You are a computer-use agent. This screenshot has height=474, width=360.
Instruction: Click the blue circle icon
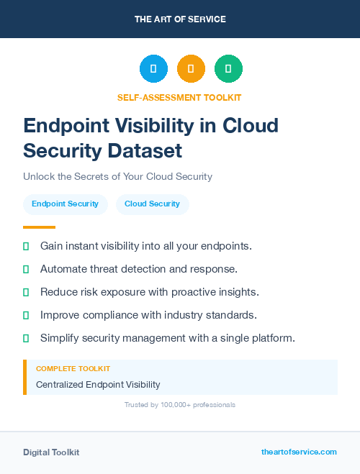click(x=153, y=68)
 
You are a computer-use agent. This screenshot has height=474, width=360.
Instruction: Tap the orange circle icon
click(x=191, y=68)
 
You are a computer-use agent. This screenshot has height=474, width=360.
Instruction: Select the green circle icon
click(x=228, y=68)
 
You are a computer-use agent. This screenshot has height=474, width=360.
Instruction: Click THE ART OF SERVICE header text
click(x=180, y=19)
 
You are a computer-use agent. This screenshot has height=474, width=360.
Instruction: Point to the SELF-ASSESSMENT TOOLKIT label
click(x=179, y=97)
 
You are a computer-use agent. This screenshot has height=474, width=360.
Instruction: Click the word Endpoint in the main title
click(x=67, y=126)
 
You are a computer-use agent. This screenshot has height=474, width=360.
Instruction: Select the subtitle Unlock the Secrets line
click(x=117, y=176)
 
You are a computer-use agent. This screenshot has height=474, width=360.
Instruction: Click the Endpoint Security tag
click(x=65, y=204)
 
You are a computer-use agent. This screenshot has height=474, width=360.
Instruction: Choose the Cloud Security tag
click(x=152, y=204)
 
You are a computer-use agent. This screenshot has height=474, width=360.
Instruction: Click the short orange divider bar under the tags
click(x=39, y=227)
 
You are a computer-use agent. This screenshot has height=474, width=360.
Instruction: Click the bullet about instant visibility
click(x=145, y=246)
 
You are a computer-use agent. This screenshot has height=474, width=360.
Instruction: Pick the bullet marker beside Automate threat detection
click(x=26, y=269)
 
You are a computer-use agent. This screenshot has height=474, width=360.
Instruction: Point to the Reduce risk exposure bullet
click(x=149, y=292)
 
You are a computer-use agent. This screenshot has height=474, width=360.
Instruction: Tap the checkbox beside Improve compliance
click(x=26, y=315)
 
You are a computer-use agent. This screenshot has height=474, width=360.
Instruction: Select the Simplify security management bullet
click(x=167, y=338)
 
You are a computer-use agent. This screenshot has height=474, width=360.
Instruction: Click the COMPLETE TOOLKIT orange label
click(x=73, y=368)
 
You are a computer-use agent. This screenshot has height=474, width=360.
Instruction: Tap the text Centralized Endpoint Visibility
click(x=98, y=385)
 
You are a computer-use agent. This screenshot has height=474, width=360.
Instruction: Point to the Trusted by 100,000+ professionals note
click(x=180, y=405)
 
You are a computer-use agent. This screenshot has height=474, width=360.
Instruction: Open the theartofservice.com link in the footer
click(x=299, y=452)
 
